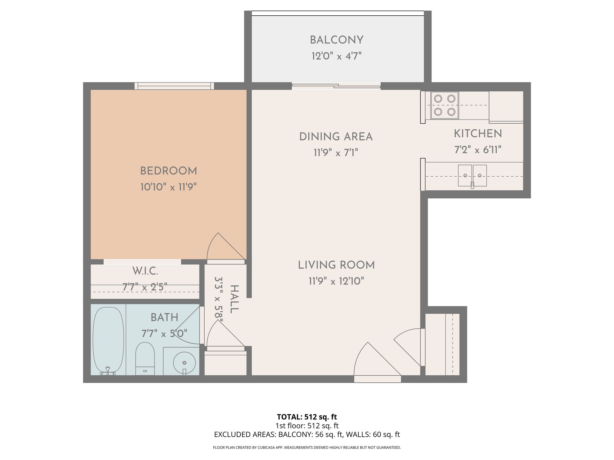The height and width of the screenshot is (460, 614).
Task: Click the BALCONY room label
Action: (x=336, y=40)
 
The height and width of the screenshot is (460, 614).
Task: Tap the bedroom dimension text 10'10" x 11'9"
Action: (x=168, y=187)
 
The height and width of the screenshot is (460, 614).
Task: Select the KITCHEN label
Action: (x=478, y=134)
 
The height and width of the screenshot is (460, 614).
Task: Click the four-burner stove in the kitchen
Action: (x=445, y=105)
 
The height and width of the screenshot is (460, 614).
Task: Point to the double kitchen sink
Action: (x=472, y=176)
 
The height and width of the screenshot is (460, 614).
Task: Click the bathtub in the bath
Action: (x=108, y=341)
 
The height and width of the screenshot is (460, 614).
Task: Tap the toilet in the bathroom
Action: (x=145, y=358)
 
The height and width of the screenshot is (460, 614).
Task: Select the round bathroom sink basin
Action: (x=184, y=363)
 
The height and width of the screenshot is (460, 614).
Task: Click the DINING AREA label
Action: (x=336, y=137)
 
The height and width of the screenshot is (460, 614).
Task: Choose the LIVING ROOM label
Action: (x=336, y=265)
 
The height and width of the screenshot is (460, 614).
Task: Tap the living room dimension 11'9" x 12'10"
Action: (x=336, y=281)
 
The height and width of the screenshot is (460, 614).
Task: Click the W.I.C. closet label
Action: (x=145, y=272)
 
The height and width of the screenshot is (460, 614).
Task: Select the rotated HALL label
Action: (x=234, y=299)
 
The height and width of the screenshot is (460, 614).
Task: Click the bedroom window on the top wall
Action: (x=174, y=86)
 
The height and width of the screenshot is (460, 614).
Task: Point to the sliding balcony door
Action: (x=336, y=86)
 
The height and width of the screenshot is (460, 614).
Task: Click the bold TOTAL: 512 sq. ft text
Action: (x=307, y=417)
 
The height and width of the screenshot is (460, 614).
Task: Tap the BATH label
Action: (x=164, y=318)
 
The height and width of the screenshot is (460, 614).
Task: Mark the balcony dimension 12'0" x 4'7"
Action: (x=336, y=57)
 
